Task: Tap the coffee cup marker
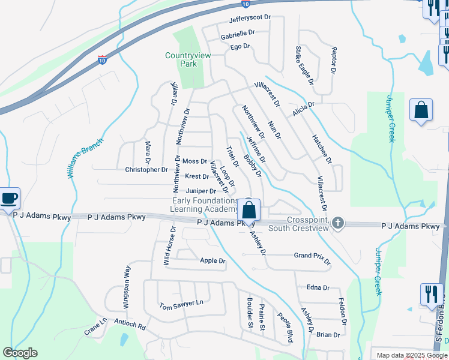click(9, 198)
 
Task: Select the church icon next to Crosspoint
click(338, 223)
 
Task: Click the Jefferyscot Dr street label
click(247, 20)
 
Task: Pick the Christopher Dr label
click(146, 170)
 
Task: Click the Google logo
click(20, 353)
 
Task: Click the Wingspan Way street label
click(127, 288)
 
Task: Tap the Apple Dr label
click(212, 261)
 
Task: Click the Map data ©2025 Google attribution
click(411, 355)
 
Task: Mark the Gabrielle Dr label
click(238, 34)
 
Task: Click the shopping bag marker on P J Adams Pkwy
click(249, 211)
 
